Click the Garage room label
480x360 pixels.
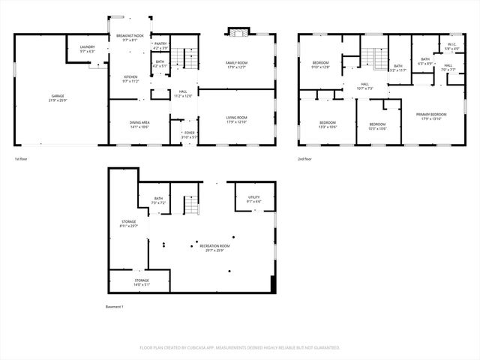coord(58,97)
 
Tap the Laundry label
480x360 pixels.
coord(88,49)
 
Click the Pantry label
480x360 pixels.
coord(160,46)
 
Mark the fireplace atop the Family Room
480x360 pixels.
coord(238,32)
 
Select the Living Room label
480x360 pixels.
coord(238,119)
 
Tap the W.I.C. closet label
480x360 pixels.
coord(451,46)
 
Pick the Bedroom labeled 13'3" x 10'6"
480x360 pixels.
coord(328,124)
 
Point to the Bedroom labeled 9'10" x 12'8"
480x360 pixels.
coord(321,65)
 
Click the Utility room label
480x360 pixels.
coord(253,199)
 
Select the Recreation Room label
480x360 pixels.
coord(214,248)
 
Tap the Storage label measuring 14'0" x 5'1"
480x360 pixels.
coord(142,281)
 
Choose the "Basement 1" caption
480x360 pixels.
coord(114,307)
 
